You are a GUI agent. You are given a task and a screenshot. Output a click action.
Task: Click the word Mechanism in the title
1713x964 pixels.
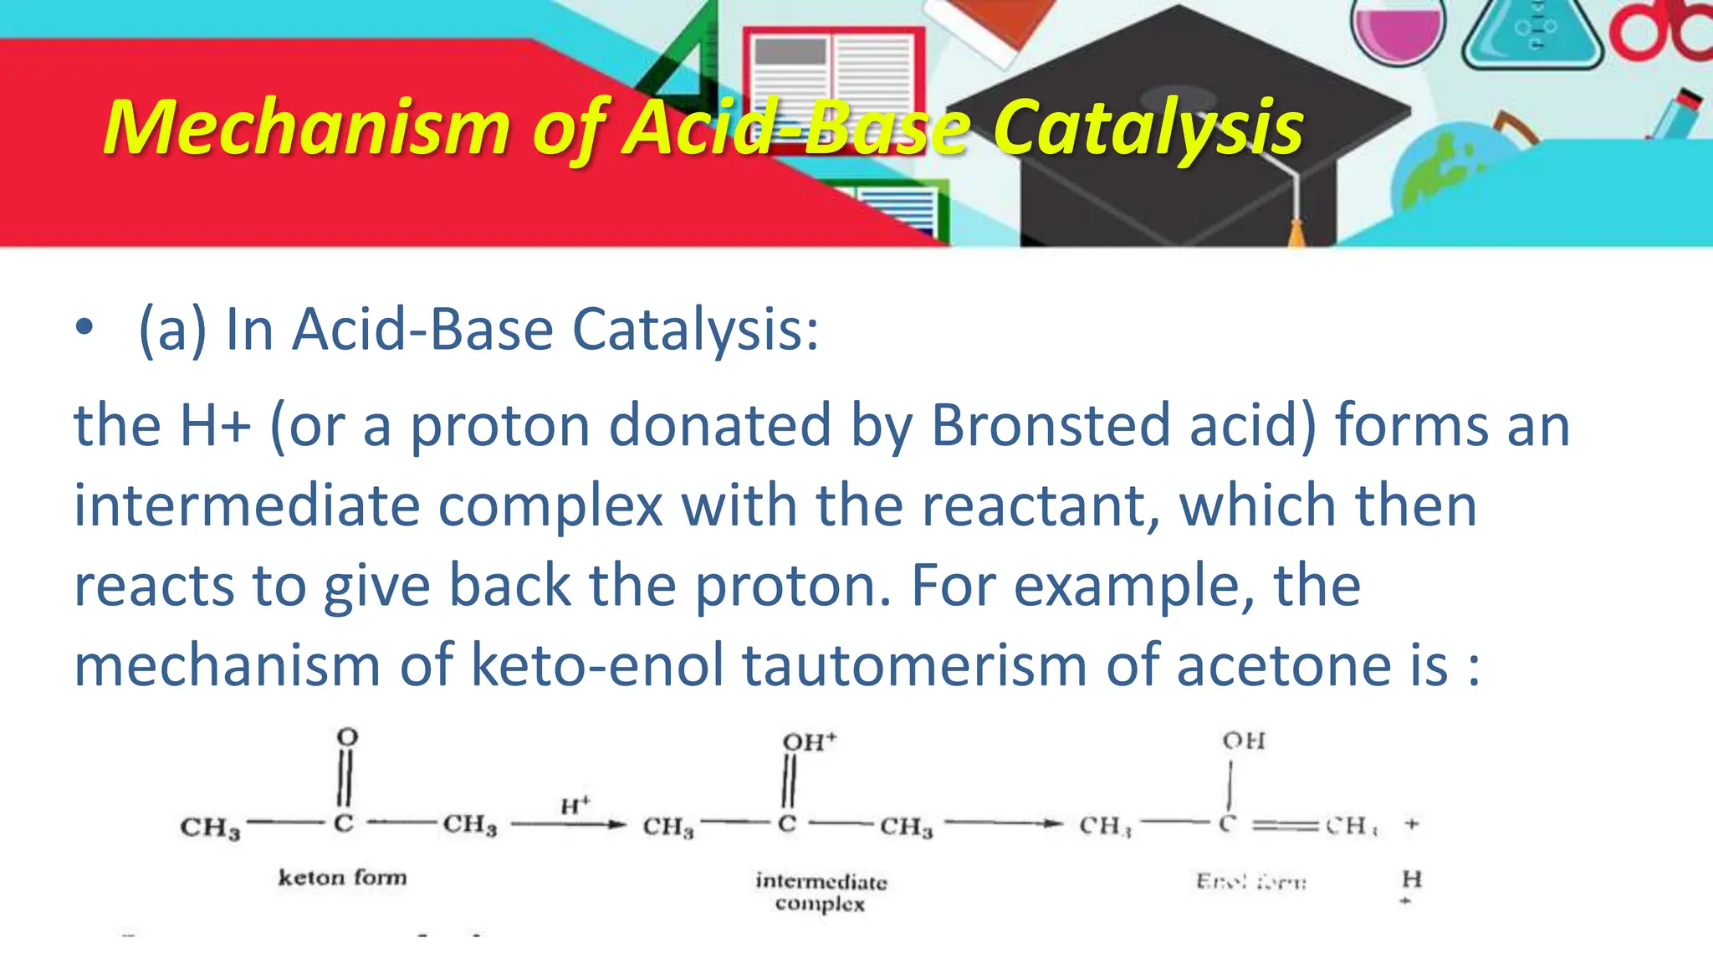[306, 127]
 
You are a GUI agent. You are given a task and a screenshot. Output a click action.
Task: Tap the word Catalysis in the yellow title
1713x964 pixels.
[1148, 127]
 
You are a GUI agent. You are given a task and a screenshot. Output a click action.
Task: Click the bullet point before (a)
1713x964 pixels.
[84, 328]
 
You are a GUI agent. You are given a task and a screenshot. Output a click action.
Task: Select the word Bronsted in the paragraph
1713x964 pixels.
[1050, 425]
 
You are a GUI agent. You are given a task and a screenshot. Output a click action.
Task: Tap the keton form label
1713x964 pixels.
[342, 877]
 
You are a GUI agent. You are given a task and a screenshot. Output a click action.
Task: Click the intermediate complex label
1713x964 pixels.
[821, 892]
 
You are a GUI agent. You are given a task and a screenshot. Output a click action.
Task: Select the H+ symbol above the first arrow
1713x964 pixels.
[575, 805]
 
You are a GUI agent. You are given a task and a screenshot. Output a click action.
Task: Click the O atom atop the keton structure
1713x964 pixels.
[347, 737]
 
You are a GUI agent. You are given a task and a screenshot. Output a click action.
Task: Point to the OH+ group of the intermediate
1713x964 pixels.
[808, 741]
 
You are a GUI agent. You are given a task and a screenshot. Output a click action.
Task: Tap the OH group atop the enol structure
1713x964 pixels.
[1244, 741]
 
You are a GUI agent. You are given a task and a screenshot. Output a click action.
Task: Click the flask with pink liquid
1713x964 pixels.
[1398, 33]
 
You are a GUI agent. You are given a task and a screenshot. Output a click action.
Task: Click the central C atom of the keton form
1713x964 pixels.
[344, 823]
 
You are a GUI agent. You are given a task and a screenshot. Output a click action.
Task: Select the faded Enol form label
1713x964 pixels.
[1251, 881]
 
